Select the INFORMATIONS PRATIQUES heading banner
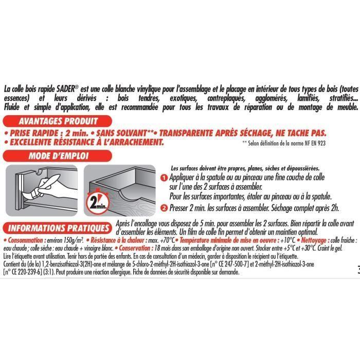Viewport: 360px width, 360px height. (x=57, y=227)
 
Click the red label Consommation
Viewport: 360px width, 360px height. (x=25, y=240)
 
